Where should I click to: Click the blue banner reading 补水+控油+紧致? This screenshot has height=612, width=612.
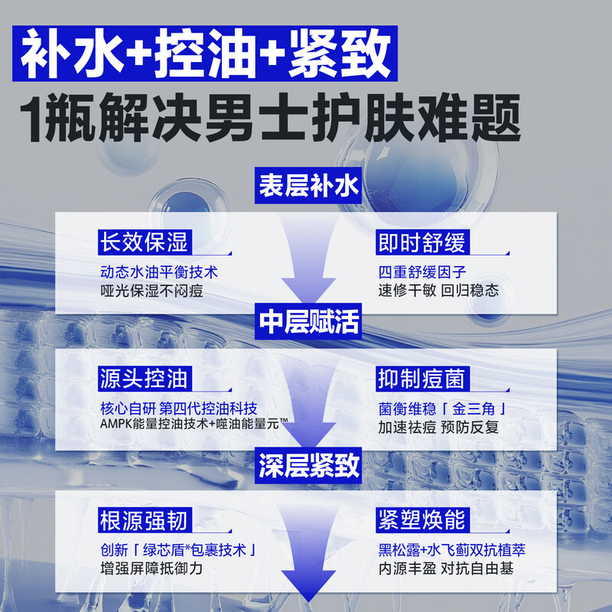coord(205,54)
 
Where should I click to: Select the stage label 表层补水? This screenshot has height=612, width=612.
coord(308,185)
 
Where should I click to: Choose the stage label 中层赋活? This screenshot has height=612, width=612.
coord(308,321)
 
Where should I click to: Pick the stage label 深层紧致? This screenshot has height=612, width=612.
coord(308,465)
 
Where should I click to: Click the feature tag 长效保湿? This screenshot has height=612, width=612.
coord(145,243)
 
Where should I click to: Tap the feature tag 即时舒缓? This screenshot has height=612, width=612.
coord(423,243)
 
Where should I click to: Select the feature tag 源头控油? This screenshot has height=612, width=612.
coord(145,379)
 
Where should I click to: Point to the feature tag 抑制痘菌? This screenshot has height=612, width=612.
coord(423,379)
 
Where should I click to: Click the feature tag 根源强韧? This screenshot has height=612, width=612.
coord(145,520)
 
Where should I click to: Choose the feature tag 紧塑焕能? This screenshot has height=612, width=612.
coord(423,520)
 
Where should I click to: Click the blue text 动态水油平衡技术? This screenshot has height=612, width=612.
coord(159,272)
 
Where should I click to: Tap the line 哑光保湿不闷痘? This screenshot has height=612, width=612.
coord(151,291)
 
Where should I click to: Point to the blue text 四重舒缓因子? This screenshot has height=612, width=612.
coord(422,272)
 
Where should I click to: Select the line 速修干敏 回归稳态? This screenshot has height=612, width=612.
coord(438,291)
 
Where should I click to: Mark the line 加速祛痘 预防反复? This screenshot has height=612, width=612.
coord(438,427)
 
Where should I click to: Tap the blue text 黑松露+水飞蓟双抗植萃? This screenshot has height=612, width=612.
coord(451,550)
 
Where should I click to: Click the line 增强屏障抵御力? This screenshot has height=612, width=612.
coord(151,568)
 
